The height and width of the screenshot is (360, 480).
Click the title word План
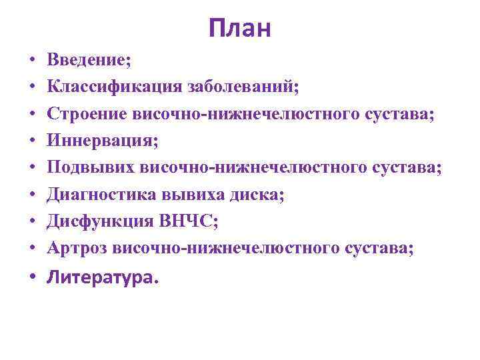coord(239,28)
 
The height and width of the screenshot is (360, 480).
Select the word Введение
coord(87,61)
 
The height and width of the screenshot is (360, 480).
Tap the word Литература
coord(99,279)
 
